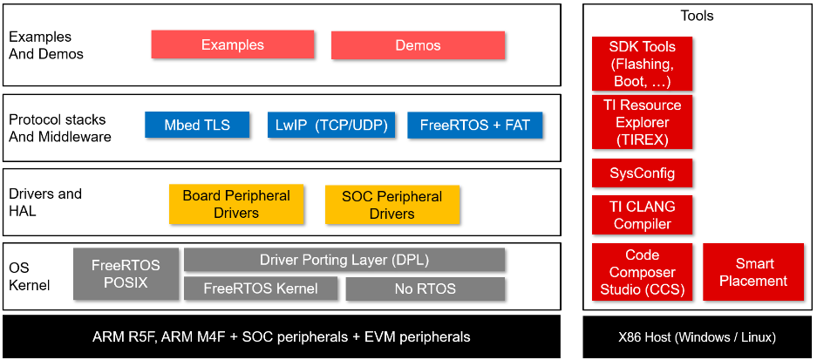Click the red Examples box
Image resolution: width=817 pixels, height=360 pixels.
coord(232,44)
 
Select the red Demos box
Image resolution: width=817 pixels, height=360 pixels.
coord(418,45)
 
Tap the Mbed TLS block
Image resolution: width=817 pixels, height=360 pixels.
coord(197,125)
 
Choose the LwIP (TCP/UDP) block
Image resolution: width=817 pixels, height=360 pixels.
coord(331,125)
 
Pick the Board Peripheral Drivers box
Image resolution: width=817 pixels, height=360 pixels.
coord(236,204)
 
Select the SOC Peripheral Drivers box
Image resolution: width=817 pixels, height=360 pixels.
coord(391,204)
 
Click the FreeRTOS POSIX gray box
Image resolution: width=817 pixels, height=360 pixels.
coord(126,275)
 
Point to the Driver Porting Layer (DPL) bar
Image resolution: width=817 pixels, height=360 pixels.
coord(344,260)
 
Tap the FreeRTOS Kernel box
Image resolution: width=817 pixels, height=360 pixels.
coord(260,289)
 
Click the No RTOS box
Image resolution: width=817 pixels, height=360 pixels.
coord(426,289)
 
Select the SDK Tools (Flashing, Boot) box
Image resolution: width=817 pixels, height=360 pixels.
coord(641,64)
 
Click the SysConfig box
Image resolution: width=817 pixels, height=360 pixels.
coord(641,173)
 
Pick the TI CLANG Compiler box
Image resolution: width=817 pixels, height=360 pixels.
coord(641,214)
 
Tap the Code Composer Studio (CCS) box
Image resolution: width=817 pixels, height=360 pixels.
coord(642,272)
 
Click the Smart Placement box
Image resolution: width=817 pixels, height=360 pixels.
coord(753,272)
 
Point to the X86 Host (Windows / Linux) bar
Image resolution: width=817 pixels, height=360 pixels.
coord(697,337)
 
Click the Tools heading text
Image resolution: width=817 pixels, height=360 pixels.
coord(697,16)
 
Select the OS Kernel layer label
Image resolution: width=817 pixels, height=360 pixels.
coord(30,276)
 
